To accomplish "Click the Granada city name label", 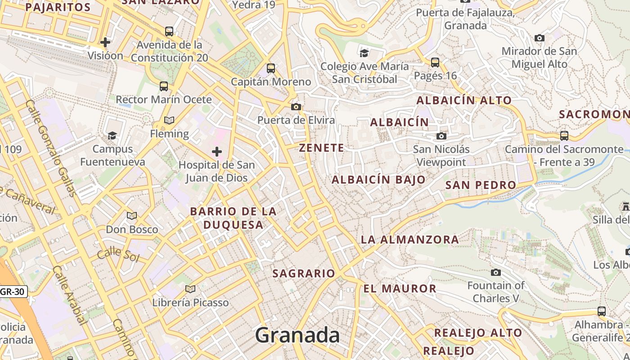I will point(297,336).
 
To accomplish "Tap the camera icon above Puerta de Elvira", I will point(296,107).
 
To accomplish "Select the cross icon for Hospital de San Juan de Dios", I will point(217,152).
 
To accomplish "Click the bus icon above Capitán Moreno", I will point(271,68).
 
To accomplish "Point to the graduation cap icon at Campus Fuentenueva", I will point(112,135).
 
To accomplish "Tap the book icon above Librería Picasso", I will point(190,289).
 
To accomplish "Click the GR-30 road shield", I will point(12,292).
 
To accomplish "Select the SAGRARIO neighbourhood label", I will point(304,273).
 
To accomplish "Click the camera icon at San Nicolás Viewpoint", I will point(441,136).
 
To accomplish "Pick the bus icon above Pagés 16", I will point(435,62).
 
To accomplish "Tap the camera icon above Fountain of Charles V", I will point(496,272).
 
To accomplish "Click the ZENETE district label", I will point(321,148).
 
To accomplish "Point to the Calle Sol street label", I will point(118,254).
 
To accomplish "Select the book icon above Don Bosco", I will point(132,216).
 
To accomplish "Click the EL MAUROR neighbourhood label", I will point(400,288).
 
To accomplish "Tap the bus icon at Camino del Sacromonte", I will point(564,135).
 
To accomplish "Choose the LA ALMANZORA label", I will point(409,240).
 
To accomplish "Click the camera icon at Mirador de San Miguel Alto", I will point(540,38).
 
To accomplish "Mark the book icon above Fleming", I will point(169,120).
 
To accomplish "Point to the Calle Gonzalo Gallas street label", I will point(50,148).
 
